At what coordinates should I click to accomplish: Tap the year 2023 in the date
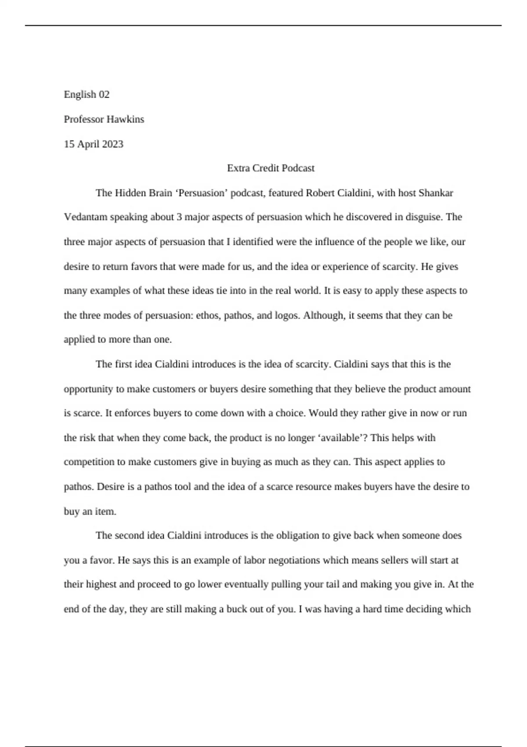pyautogui.click(x=112, y=144)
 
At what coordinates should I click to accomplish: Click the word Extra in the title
pyautogui.click(x=238, y=168)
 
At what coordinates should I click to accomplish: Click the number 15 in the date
pyautogui.click(x=69, y=144)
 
